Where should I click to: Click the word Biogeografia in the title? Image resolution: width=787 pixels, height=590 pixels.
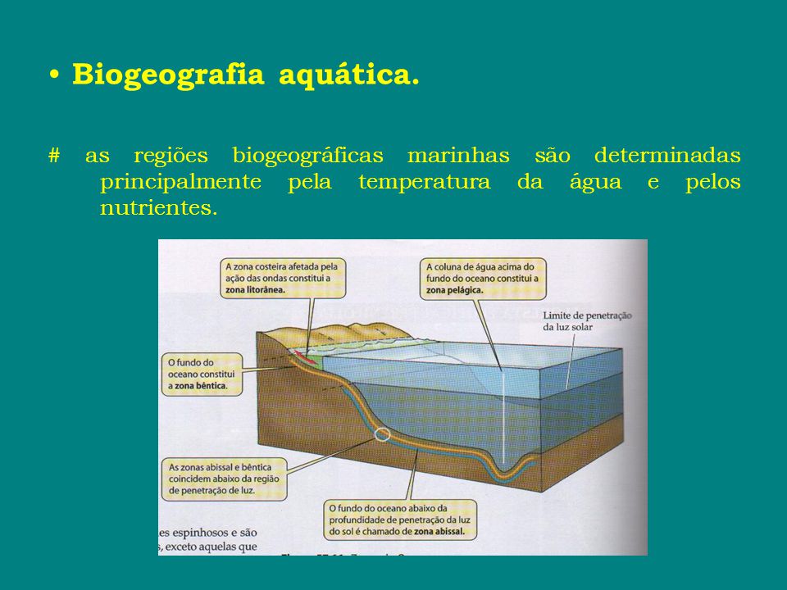click(x=168, y=75)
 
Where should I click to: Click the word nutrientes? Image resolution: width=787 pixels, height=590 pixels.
click(x=158, y=208)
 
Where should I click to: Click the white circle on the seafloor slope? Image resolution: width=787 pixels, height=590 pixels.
click(x=381, y=434)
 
